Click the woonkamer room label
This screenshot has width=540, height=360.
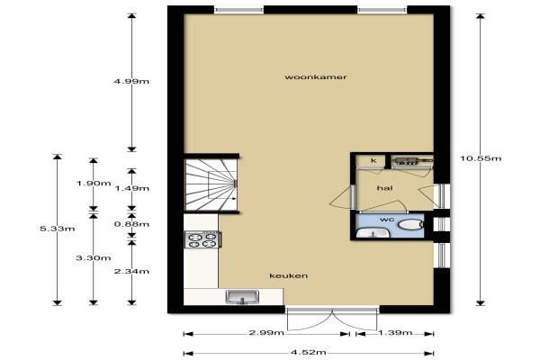tap(316, 76)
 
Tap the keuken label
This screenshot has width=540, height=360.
tap(289, 276)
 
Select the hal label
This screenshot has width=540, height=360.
tap(384, 188)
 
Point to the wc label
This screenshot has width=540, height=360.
tap(387, 220)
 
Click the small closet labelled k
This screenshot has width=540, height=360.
tap(373, 160)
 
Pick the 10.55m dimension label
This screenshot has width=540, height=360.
tap(481, 158)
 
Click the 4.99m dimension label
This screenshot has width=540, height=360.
tap(131, 81)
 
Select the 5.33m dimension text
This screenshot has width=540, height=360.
tap(58, 229)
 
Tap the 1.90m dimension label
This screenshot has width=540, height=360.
tap(94, 184)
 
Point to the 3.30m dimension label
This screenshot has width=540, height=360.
tap(94, 258)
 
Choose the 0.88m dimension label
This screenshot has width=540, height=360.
tap(131, 224)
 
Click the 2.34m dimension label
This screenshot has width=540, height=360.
tap(131, 272)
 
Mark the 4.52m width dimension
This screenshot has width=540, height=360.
tap(308, 353)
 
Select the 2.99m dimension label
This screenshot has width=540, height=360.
tap(266, 333)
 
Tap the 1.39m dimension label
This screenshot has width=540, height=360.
tap(395, 333)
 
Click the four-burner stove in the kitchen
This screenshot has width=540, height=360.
tap(202, 239)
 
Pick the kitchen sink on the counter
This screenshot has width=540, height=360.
tap(242, 297)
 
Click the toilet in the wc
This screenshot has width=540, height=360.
tap(410, 225)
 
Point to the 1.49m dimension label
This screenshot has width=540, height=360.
tap(131, 188)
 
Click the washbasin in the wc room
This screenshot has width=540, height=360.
tap(373, 232)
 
